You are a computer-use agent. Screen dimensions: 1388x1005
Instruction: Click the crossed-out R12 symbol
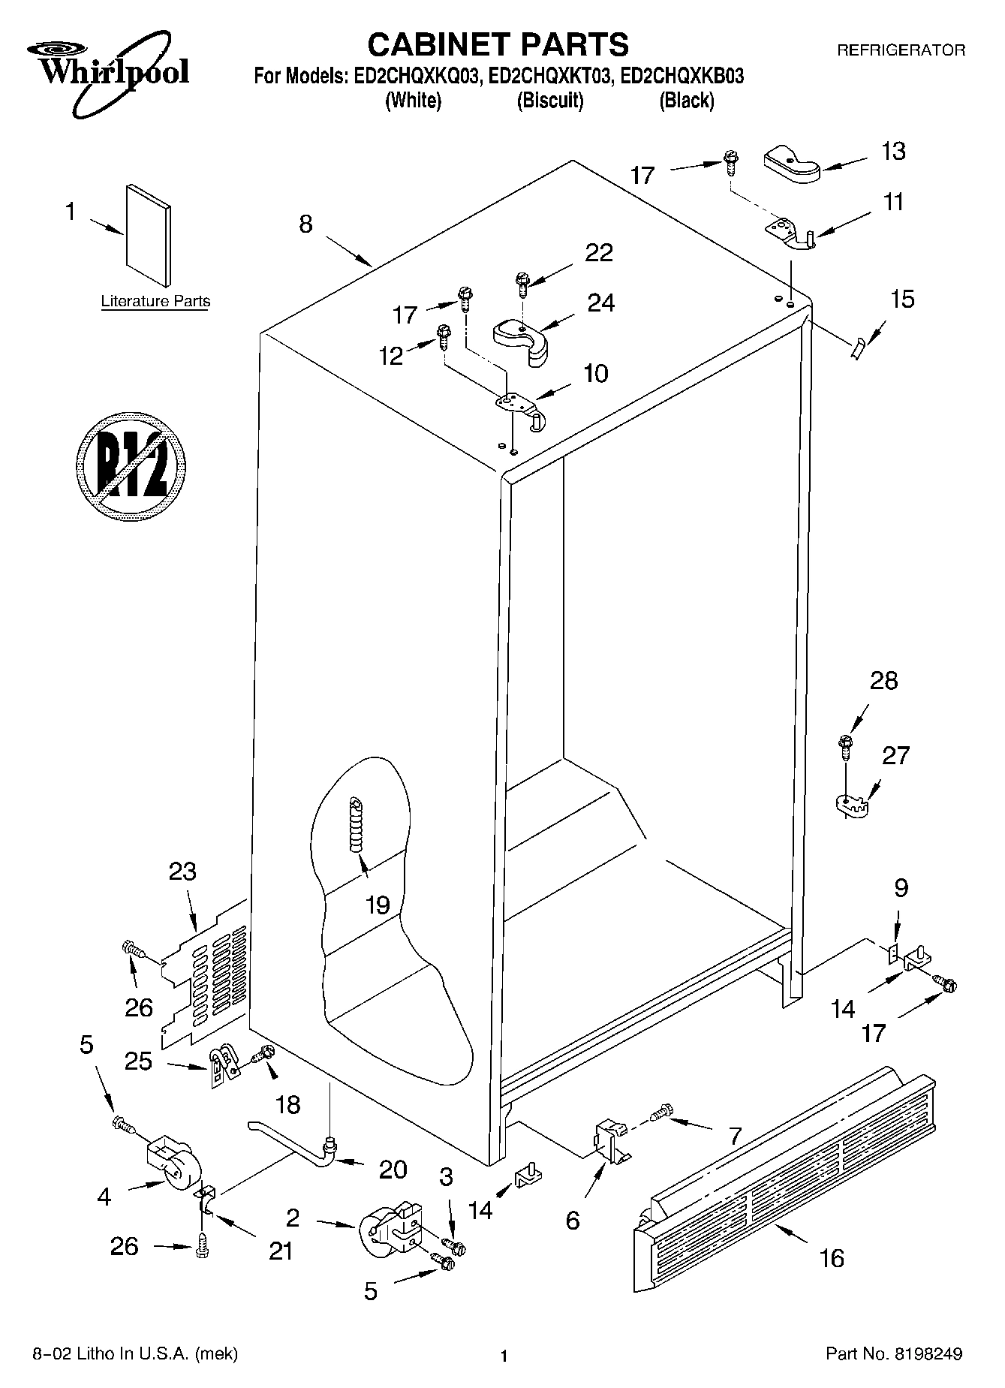pos(131,465)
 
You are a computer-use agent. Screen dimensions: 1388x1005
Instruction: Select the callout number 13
pos(892,152)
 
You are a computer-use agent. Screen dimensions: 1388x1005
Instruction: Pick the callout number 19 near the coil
pos(377,905)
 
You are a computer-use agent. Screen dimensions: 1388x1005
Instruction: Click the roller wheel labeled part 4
pos(174,1171)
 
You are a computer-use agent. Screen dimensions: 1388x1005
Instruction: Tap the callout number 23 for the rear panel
pos(182,872)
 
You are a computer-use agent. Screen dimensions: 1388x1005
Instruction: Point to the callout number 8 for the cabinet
pos(305,224)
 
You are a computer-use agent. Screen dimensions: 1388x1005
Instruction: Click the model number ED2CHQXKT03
pos(552,76)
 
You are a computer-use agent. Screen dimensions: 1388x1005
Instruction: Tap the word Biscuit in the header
pos(550,101)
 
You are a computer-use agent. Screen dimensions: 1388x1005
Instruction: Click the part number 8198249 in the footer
pos(928,1354)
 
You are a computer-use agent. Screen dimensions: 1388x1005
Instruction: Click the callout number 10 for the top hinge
pos(596,373)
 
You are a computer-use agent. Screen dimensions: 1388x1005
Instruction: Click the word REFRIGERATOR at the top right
pos(901,50)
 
